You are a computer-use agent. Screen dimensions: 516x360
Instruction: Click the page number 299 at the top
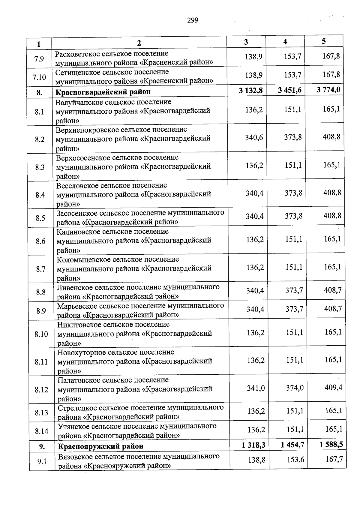tap(193, 20)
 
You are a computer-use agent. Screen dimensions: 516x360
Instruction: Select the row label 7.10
tap(39, 77)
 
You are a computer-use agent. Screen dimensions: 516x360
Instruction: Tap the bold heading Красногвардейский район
tap(103, 92)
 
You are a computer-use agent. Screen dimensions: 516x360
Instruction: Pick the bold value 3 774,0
tap(328, 90)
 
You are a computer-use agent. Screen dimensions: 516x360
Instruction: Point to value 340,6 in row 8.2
tap(254, 138)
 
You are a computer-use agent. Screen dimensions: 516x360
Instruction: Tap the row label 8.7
tap(40, 269)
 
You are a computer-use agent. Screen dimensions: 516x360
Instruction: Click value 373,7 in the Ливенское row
tap(294, 290)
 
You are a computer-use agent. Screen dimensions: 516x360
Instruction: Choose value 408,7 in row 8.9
tap(333, 309)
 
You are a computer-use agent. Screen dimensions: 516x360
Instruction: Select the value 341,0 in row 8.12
tap(256, 388)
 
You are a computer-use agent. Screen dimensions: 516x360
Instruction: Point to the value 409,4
tap(333, 388)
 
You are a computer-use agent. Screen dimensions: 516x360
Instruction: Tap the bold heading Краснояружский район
tap(100, 446)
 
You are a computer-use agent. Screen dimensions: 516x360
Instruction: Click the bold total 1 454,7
tap(292, 445)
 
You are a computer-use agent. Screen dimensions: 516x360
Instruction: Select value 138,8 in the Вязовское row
tap(256, 460)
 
